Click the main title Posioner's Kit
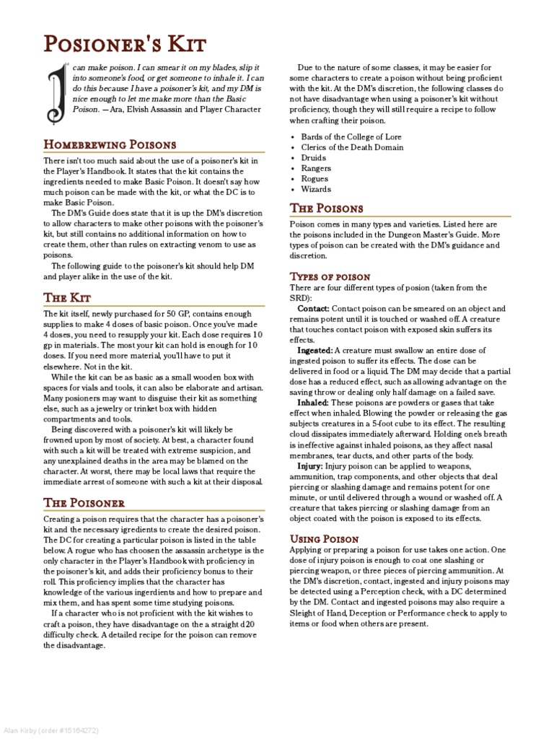pyautogui.click(x=125, y=45)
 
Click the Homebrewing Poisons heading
pyautogui.click(x=110, y=144)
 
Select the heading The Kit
pyautogui.click(x=67, y=297)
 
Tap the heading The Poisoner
pyautogui.click(x=84, y=502)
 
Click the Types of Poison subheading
pyautogui.click(x=330, y=276)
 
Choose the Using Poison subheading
pyautogui.click(x=325, y=538)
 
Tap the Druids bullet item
pyautogui.click(x=314, y=157)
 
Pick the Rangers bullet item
pyautogui.click(x=316, y=168)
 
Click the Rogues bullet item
pyautogui.click(x=315, y=178)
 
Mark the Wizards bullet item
pyautogui.click(x=317, y=189)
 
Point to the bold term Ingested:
pyautogui.click(x=315, y=349)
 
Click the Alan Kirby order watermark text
pyautogui.click(x=50, y=730)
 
